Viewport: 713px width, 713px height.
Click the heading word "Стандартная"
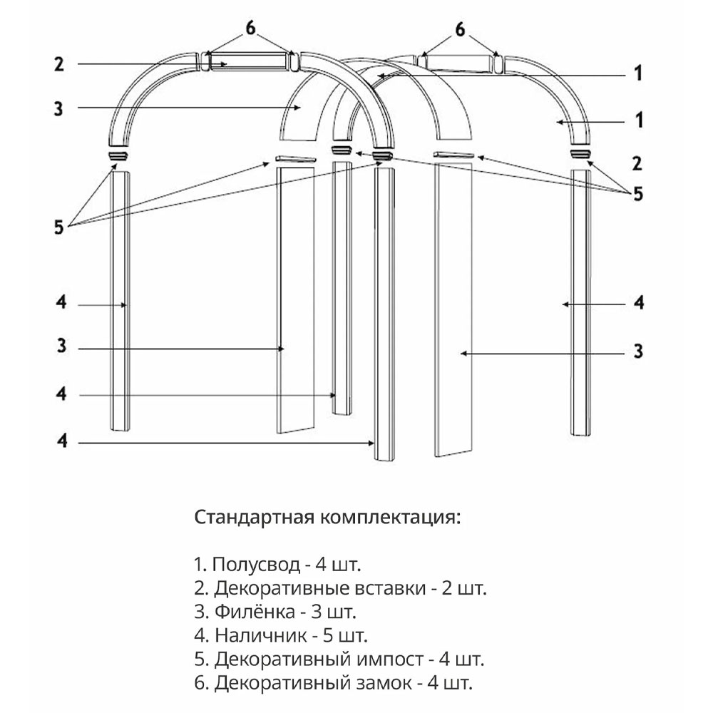pos(255,518)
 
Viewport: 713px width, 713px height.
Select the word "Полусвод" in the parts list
pos(256,565)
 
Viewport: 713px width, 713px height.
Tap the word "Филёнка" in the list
pos(255,612)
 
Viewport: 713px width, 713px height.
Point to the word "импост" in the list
pos(390,660)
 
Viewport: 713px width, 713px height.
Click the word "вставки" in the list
pos(390,589)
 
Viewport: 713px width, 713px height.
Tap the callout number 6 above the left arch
pos(250,29)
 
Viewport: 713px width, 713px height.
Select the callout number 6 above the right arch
pos(460,30)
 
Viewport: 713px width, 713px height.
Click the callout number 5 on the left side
pos(59,227)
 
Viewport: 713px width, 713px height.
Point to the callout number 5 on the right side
pos(638,194)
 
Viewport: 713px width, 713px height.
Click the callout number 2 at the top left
pos(59,64)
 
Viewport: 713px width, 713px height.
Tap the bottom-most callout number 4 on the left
pos(62,440)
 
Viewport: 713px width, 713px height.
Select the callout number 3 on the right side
pos(638,351)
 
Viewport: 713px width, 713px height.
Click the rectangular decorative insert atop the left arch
pos(249,61)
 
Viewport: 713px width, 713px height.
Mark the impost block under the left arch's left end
pos(118,155)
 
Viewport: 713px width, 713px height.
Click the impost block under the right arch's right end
pos(580,154)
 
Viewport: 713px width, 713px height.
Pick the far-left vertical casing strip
pos(120,301)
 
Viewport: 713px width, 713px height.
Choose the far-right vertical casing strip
pos(580,303)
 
